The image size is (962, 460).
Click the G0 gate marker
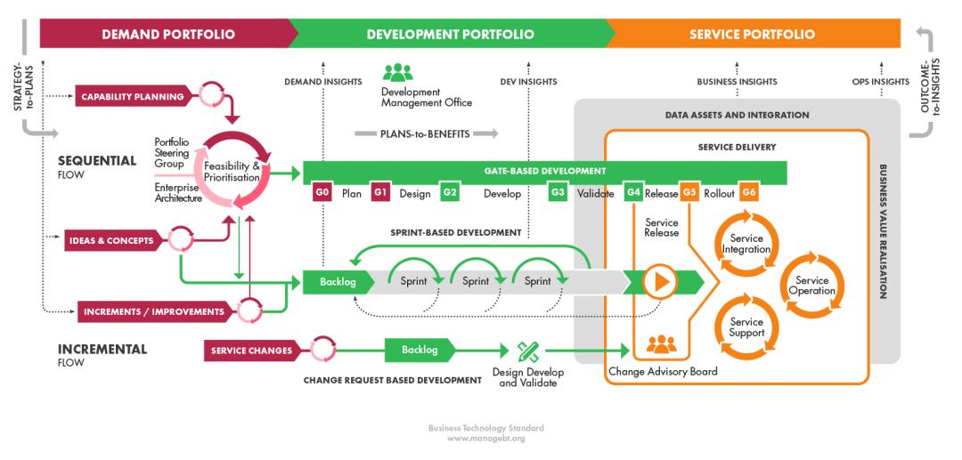pos(322,193)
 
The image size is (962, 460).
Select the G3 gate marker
pos(558,193)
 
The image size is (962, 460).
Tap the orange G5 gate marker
pos(689,193)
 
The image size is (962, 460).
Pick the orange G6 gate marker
pos(748,193)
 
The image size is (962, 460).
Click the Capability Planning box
pos(133,96)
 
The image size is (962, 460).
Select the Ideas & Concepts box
pos(111,240)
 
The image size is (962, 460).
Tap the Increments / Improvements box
pos(155,311)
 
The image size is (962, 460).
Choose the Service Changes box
pos(251,351)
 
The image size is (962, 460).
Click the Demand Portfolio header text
pos(168,35)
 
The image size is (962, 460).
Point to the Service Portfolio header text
pos(752,35)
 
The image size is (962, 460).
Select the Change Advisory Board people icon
pos(662,344)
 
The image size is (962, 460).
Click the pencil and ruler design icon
pos(528,351)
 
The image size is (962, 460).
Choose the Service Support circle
pos(746,327)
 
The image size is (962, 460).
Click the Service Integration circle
pos(746,244)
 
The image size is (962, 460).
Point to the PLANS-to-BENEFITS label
pos(425,134)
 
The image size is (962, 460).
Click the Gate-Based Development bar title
pos(545,170)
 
